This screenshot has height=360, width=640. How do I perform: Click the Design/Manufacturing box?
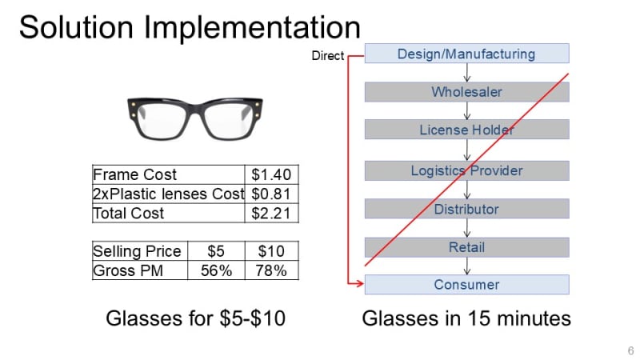[x=466, y=54]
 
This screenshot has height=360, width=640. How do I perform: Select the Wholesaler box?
[x=466, y=92]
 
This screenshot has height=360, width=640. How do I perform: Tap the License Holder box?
[x=466, y=130]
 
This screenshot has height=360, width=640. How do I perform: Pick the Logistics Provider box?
[x=466, y=170]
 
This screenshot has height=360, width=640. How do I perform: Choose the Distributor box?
[x=466, y=209]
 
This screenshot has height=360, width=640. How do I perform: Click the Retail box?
[x=466, y=247]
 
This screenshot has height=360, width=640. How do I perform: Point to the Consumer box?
[x=466, y=285]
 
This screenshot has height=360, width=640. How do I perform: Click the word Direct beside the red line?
[x=328, y=55]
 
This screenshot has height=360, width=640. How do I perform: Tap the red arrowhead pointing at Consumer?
[x=359, y=283]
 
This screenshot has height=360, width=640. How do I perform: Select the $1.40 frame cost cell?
[x=271, y=174]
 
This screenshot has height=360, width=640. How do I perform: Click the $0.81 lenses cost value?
[x=271, y=194]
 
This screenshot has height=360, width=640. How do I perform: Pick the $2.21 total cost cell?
[x=271, y=213]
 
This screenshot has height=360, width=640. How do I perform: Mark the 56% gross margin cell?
[x=216, y=270]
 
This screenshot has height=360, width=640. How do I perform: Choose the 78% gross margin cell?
[x=271, y=270]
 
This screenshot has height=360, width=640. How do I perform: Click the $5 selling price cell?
[x=216, y=251]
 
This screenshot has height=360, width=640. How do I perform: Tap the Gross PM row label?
[x=128, y=270]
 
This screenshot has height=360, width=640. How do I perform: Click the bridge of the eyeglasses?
[x=195, y=109]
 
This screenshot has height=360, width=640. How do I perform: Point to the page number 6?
[x=630, y=350]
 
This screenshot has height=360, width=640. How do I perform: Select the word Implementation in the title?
[x=252, y=28]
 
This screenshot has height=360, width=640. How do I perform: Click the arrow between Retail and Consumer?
[x=467, y=266]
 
